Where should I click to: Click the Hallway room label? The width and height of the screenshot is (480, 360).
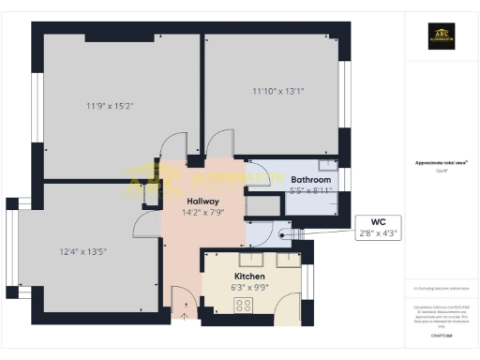[x=202, y=202]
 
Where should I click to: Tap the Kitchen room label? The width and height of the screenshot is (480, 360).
[x=250, y=277]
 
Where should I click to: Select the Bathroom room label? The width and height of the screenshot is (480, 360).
[x=310, y=179]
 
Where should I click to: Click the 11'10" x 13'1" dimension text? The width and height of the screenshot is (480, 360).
[x=278, y=91]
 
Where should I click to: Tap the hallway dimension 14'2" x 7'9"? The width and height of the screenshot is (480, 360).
[x=202, y=214]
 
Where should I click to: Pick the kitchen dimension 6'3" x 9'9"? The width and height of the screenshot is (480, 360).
[x=250, y=290]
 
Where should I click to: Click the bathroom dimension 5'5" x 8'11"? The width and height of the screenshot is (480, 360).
[x=311, y=190]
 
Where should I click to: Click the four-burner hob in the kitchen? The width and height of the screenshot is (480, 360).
[x=245, y=305]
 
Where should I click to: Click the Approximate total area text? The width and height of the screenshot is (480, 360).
[x=440, y=162]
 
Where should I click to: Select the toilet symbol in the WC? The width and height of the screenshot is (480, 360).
[x=287, y=233]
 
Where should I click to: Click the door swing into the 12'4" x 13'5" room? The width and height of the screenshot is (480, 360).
[x=142, y=225]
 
